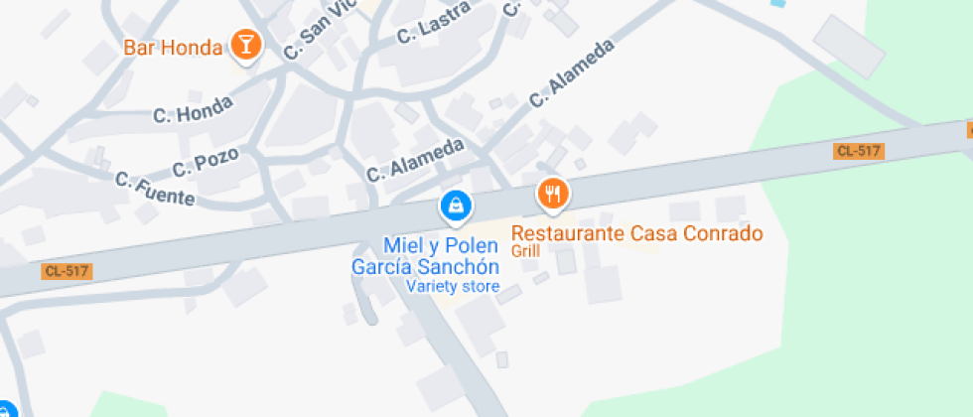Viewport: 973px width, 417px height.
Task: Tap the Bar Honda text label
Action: tap(172, 47)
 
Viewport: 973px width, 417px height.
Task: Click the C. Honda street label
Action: tap(194, 109)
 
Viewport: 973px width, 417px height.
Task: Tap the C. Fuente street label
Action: tap(155, 189)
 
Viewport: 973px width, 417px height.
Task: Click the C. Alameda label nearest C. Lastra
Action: tap(572, 72)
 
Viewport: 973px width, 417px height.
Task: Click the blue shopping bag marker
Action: tap(456, 206)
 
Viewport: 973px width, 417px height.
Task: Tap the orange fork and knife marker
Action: tap(552, 194)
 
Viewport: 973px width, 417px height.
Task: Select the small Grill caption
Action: tap(525, 251)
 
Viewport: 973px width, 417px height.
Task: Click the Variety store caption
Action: tap(452, 286)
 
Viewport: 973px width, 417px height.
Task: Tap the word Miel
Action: tap(401, 245)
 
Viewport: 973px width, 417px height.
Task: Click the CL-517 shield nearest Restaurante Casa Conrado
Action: tap(859, 151)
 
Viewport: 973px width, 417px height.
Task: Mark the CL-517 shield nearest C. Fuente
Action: tap(68, 271)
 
